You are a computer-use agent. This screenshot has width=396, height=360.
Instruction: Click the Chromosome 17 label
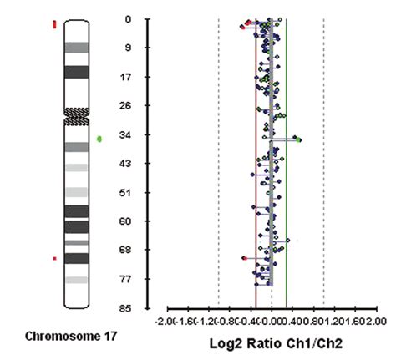(71, 337)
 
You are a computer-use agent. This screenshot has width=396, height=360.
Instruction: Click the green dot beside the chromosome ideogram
(99, 139)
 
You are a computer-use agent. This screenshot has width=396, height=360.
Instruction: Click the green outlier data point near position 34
(298, 139)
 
